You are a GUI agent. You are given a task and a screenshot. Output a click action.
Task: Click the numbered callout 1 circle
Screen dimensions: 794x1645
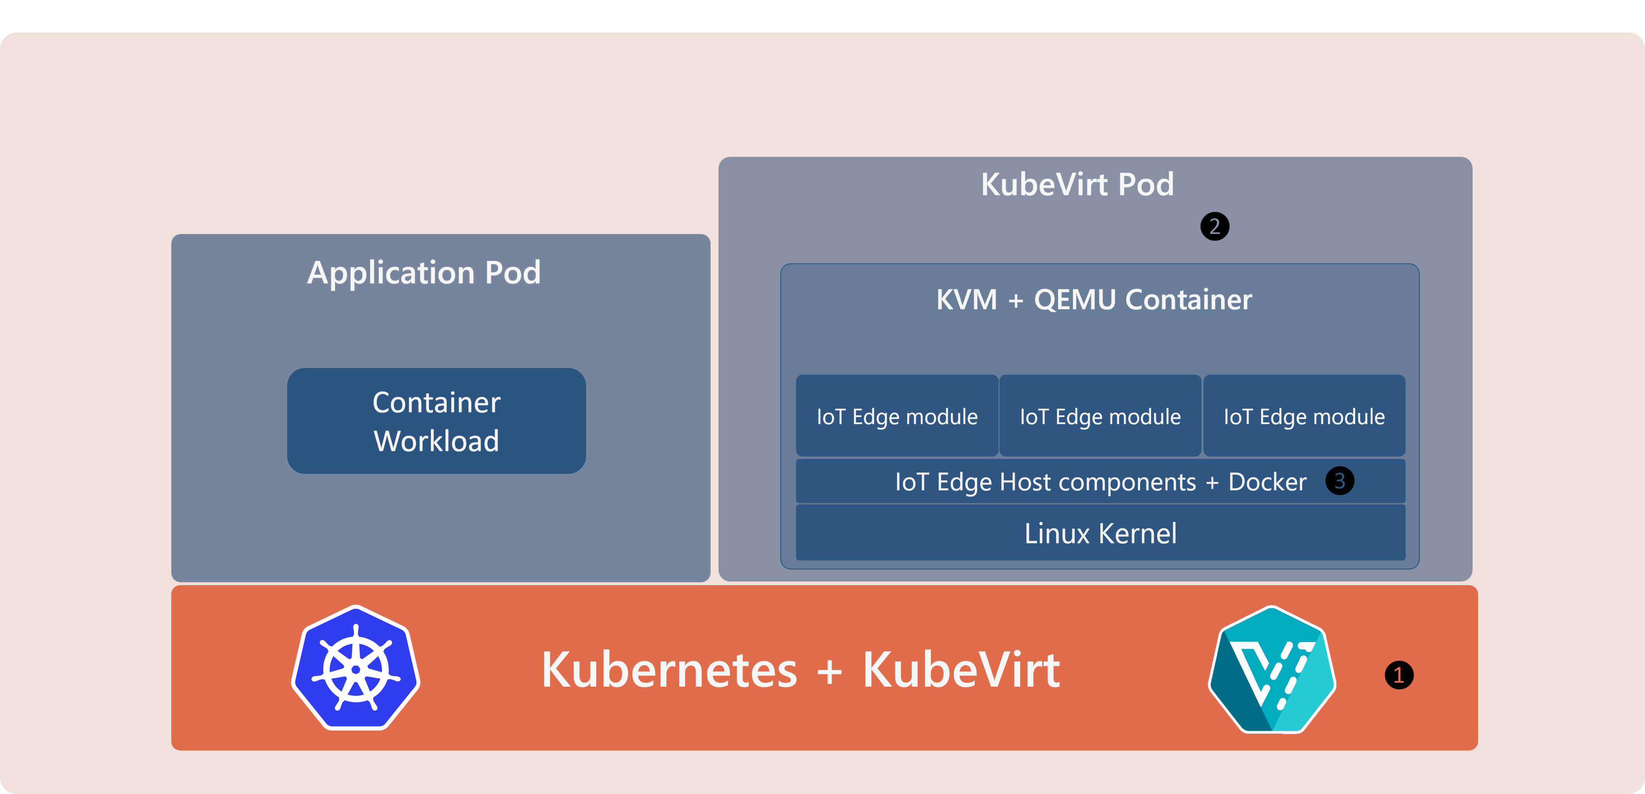tap(1399, 675)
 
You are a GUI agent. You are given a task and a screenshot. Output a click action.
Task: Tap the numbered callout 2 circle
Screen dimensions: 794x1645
tap(1214, 226)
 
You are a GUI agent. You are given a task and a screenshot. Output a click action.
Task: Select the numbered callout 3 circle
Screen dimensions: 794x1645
tap(1340, 480)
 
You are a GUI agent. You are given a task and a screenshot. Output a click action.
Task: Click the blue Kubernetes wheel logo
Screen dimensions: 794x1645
tap(356, 667)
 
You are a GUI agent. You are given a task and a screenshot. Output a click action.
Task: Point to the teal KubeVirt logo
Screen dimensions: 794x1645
tap(1272, 669)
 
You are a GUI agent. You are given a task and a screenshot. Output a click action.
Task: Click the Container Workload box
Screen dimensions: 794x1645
tap(436, 421)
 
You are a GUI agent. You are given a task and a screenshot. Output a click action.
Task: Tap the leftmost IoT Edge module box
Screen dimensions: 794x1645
tap(897, 416)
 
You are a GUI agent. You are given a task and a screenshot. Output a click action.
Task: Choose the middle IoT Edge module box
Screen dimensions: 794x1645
tap(1100, 416)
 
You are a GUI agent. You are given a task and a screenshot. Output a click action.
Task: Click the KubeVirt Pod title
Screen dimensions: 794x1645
tap(1077, 185)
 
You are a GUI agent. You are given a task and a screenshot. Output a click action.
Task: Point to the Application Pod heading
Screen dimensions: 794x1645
tap(424, 273)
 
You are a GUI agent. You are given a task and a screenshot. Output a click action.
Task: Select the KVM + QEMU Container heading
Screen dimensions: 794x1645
tap(1094, 299)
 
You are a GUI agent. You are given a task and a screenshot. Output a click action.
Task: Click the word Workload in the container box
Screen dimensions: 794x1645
tap(436, 441)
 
